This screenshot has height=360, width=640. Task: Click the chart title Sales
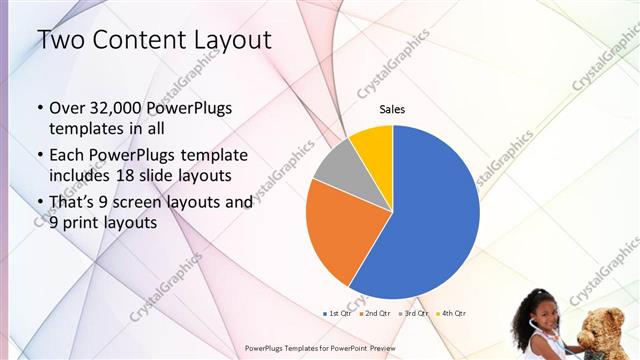[392, 109]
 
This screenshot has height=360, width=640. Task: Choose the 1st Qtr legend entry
[338, 314]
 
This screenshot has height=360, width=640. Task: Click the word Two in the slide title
[59, 41]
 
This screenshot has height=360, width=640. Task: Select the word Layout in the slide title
[231, 41]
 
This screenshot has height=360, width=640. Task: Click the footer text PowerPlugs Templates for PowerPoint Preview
[320, 348]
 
